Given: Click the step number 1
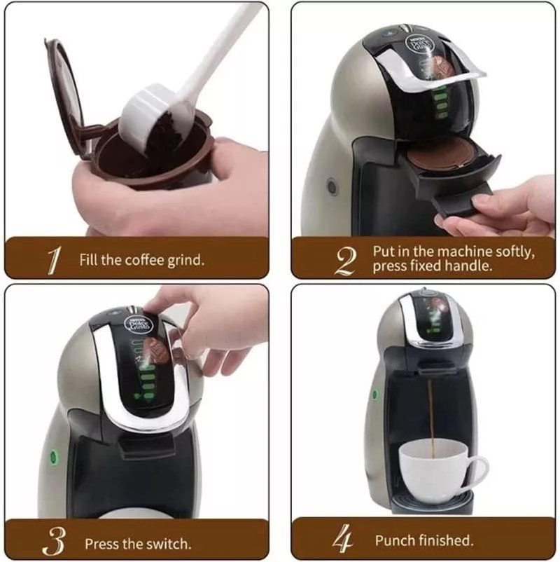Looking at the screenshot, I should pos(51,259).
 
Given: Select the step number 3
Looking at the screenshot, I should pos(53,540).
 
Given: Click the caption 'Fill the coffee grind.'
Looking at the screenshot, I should pos(141,260).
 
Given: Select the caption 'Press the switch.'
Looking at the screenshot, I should pos(137,543).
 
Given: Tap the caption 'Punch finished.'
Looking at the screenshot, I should pos(423,540).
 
